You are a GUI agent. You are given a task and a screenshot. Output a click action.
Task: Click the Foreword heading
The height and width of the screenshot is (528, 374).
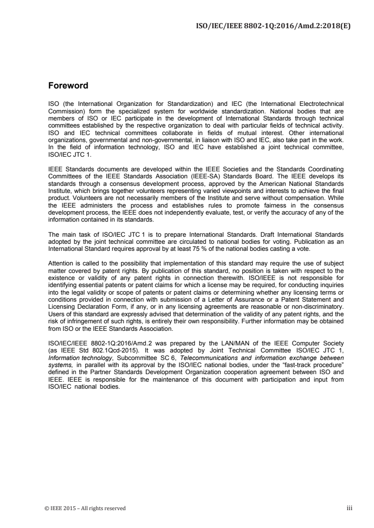point(68,86)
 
